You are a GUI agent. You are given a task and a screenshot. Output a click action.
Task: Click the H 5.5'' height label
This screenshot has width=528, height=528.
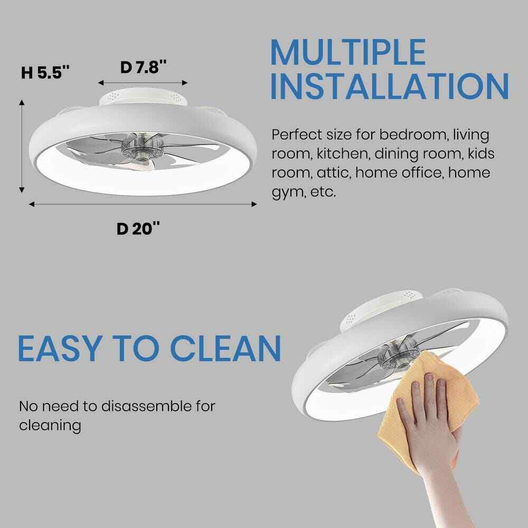click(45, 72)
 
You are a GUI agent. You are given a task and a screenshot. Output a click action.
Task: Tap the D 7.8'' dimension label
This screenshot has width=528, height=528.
click(144, 67)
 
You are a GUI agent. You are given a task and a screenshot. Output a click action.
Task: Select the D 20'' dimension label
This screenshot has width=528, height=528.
click(138, 229)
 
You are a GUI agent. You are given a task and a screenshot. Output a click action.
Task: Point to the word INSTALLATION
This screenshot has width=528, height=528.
click(390, 86)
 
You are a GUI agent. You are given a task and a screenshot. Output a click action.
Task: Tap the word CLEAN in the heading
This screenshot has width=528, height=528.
click(225, 348)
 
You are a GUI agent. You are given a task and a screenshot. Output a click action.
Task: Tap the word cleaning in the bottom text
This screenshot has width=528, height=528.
click(50, 426)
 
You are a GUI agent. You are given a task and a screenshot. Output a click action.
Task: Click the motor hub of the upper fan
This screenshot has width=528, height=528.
click(141, 148)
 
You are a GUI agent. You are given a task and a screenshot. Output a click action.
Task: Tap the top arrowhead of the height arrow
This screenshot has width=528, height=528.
click(22, 102)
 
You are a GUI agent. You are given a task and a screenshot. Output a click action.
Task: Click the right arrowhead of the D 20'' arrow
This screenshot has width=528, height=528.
click(254, 204)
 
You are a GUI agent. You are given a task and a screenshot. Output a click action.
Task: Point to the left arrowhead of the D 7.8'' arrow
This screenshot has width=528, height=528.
click(101, 83)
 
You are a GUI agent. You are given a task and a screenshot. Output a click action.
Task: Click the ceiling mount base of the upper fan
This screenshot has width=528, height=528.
click(143, 96)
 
